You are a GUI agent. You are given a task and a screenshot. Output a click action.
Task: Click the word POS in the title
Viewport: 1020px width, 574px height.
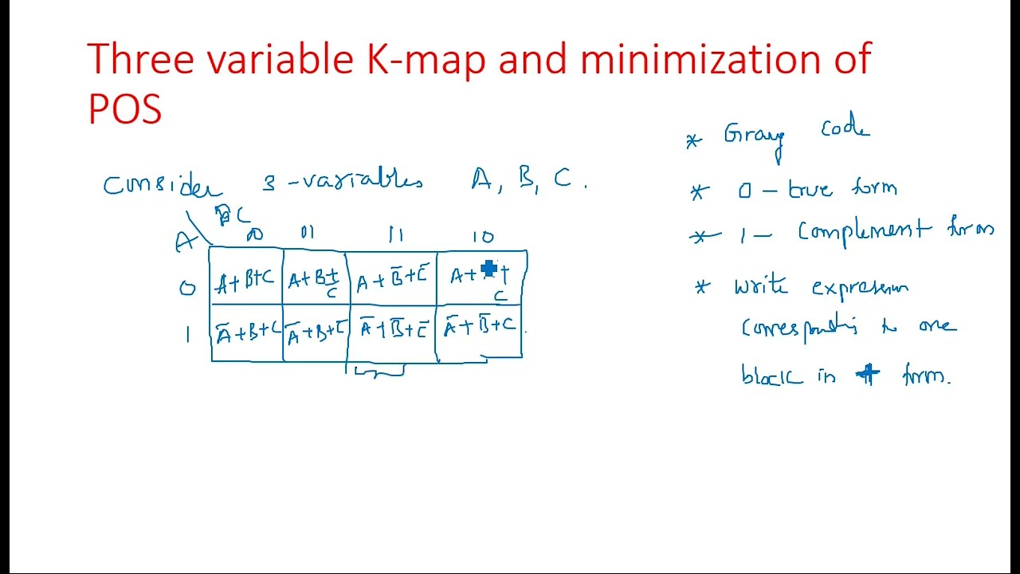[125, 108]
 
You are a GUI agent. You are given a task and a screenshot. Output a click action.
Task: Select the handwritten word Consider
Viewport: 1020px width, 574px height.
[163, 185]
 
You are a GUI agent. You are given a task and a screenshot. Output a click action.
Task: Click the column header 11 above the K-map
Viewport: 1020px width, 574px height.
[396, 234]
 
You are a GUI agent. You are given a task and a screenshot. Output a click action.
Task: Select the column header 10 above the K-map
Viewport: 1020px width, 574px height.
[483, 236]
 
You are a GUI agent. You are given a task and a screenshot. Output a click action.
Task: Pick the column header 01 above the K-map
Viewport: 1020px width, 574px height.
[308, 233]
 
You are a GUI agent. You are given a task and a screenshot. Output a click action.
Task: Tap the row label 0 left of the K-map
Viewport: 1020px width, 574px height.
[187, 288]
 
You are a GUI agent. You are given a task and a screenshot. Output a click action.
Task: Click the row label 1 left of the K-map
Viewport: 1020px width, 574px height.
[188, 335]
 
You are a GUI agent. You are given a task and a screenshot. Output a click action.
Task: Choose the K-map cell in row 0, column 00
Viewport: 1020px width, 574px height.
[246, 279]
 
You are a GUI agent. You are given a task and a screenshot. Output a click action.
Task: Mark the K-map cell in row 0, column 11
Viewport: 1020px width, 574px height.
[392, 279]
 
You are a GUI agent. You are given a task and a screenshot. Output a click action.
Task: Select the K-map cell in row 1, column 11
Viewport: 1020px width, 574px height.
[393, 329]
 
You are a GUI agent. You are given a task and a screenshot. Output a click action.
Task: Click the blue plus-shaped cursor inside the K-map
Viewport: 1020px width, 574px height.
[489, 269]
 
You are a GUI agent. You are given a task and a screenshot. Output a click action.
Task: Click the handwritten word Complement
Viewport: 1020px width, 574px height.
[865, 231]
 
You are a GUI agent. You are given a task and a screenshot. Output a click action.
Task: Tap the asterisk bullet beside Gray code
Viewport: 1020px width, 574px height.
[693, 142]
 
